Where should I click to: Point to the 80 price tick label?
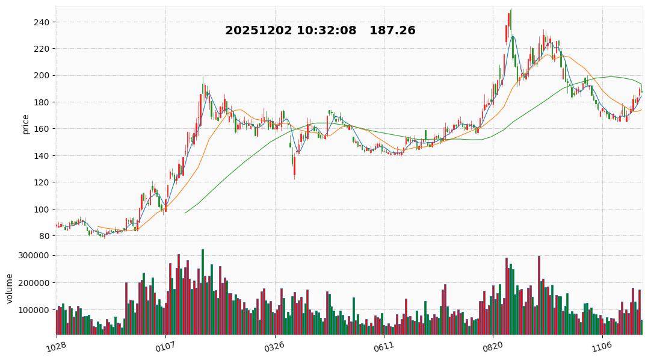click(44, 236)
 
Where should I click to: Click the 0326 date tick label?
click(274, 347)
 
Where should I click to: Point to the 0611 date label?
click(383, 347)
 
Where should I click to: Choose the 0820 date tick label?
click(492, 347)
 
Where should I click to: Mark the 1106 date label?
click(602, 347)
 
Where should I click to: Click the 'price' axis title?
click(25, 123)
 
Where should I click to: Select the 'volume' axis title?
click(9, 289)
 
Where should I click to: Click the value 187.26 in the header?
click(392, 31)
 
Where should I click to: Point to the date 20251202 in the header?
click(258, 31)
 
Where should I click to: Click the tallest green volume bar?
click(203, 292)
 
